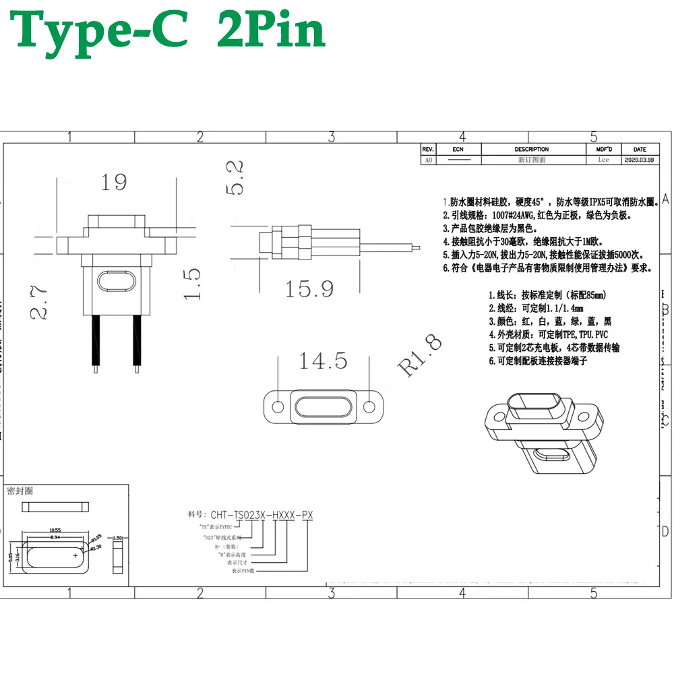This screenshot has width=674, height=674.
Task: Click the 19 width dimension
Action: [113, 182]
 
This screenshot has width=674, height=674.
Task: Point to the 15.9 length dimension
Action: [309, 288]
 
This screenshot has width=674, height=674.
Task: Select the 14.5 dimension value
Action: [323, 361]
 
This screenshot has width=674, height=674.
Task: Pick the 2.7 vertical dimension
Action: [38, 301]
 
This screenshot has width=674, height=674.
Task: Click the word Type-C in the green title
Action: [101, 30]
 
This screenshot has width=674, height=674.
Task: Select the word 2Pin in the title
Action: [271, 30]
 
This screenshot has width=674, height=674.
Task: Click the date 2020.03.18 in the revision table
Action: [640, 160]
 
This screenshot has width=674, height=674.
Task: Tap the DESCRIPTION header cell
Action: [532, 149]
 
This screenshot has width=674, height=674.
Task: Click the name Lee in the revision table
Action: [603, 160]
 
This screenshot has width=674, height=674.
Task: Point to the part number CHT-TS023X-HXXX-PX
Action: [262, 516]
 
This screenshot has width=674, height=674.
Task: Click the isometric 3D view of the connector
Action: [539, 431]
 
